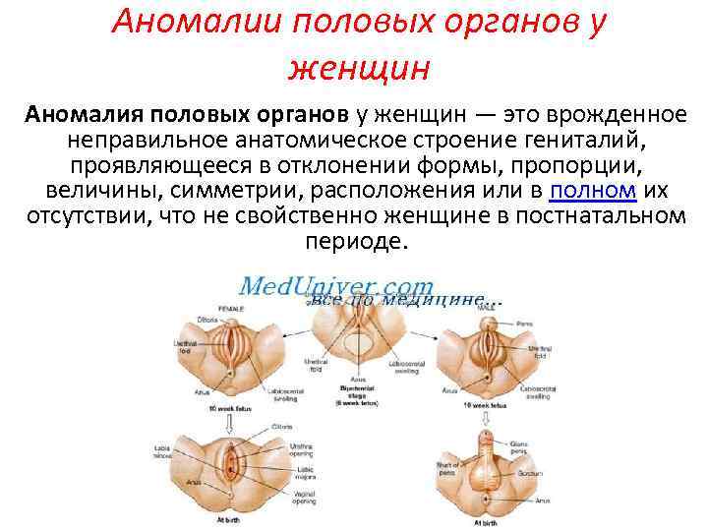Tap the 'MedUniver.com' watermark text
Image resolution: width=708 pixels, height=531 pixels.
tap(337, 285)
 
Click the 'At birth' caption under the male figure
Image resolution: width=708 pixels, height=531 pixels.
tap(485, 523)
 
